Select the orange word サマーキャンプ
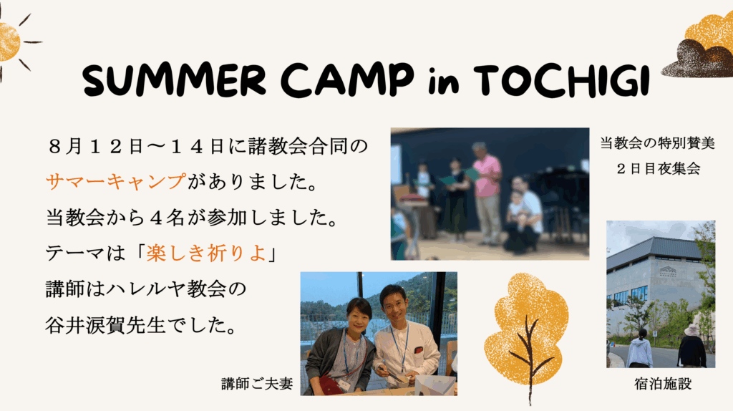pyautogui.click(x=115, y=181)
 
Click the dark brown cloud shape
pyautogui.click(x=691, y=59)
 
